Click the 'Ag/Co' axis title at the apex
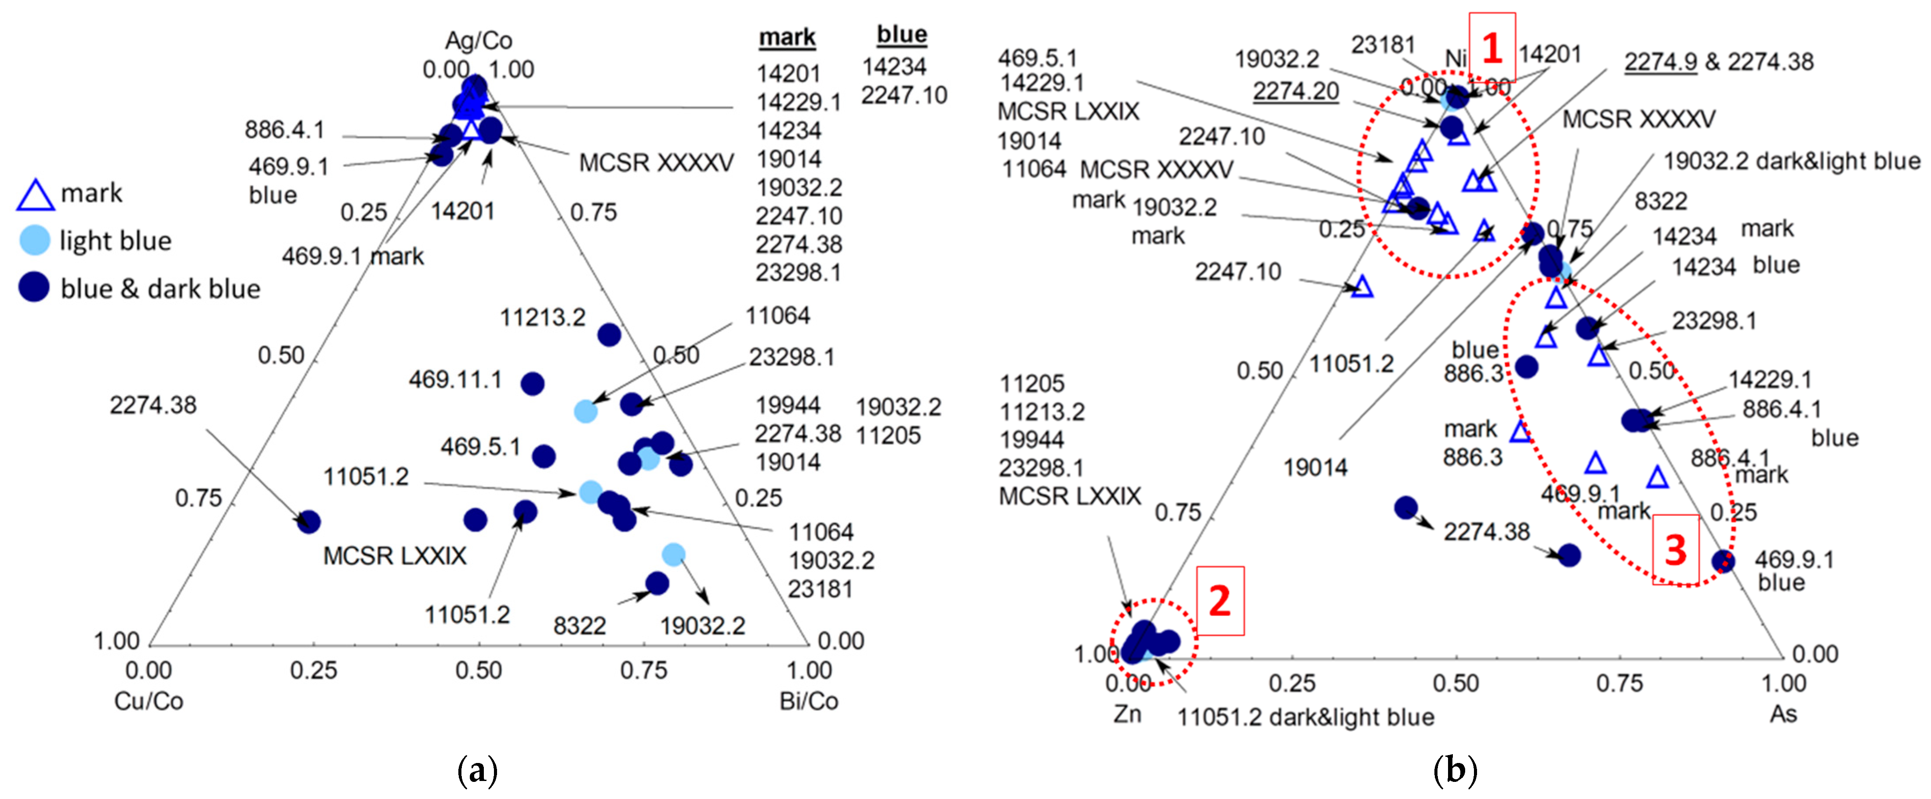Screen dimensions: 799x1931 point(478,40)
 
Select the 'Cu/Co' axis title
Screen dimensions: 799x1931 point(149,701)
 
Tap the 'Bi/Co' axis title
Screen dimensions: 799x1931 point(809,701)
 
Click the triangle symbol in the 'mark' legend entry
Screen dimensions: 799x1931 point(35,195)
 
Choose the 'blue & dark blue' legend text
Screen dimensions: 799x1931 point(160,289)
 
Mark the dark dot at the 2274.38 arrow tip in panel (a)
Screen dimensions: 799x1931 point(308,522)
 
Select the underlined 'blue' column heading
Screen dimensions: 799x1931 point(902,34)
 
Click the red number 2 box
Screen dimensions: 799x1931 point(1220,600)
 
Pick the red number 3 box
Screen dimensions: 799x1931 point(1675,550)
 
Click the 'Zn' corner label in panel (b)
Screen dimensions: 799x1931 point(1127,713)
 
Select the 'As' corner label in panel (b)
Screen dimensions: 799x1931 point(1783,713)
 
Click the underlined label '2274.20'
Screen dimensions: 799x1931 point(1296,90)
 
